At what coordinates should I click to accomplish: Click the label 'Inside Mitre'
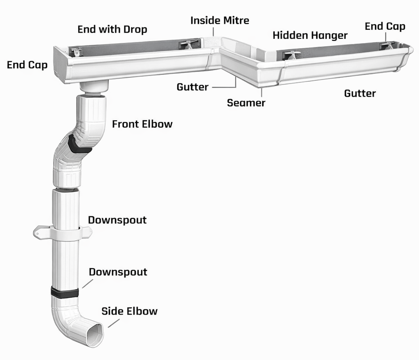(x=220, y=20)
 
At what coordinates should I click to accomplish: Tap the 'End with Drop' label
(x=112, y=29)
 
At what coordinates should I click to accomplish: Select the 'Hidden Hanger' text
(x=310, y=35)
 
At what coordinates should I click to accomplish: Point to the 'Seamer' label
(x=246, y=103)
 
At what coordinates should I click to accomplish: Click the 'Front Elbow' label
(x=142, y=124)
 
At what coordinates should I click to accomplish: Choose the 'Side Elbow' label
(x=129, y=311)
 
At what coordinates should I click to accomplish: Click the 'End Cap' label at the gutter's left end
(x=27, y=65)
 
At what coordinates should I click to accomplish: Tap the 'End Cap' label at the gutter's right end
(x=385, y=27)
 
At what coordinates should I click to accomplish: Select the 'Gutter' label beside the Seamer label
(x=192, y=87)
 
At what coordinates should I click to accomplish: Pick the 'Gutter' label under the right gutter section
(x=360, y=93)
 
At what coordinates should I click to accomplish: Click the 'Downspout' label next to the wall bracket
(x=117, y=220)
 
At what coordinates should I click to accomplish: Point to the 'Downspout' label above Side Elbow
(x=118, y=272)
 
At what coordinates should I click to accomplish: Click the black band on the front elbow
(x=78, y=145)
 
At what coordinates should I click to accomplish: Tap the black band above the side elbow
(x=65, y=292)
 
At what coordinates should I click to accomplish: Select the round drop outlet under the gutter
(x=94, y=86)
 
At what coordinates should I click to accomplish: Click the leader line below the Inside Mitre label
(x=214, y=32)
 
